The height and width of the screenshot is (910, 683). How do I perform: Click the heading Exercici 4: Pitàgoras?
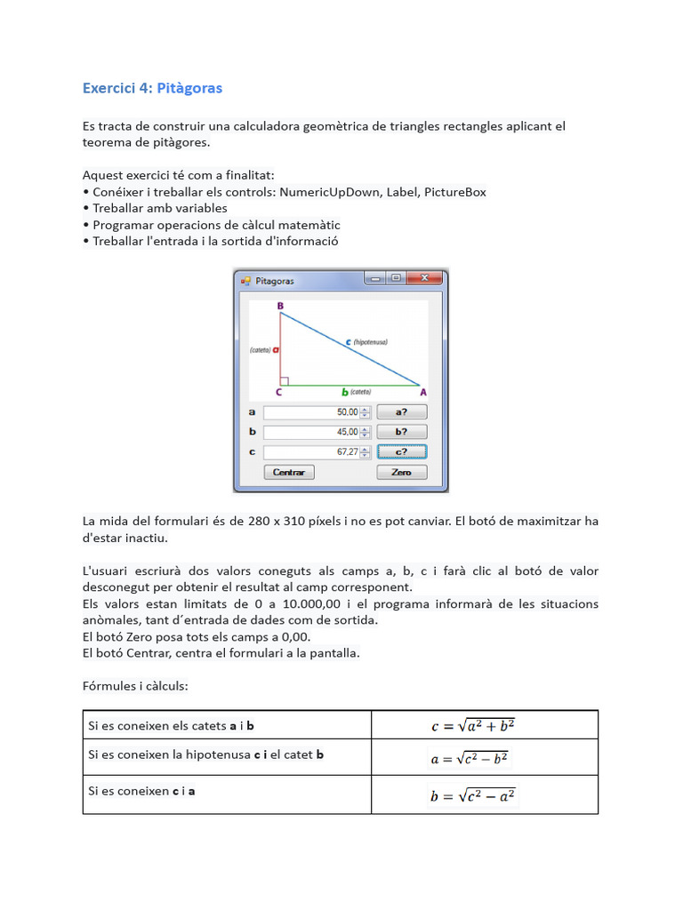[152, 88]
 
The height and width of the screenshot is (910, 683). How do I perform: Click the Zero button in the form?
[401, 473]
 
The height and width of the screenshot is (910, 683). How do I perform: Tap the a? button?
[401, 412]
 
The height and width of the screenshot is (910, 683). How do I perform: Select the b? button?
[401, 432]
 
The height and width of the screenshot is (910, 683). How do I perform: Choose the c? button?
[401, 451]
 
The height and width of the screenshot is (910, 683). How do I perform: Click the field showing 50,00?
[312, 412]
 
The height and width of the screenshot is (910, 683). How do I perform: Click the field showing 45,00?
[312, 432]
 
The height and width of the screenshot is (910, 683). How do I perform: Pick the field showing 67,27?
[312, 451]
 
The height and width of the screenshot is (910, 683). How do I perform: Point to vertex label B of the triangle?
[280, 307]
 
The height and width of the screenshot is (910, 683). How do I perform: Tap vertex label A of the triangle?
[422, 392]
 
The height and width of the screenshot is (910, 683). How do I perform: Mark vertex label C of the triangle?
[279, 392]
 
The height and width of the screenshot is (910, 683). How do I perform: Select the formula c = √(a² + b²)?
[473, 726]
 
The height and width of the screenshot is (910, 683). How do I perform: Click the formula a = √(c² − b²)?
[470, 760]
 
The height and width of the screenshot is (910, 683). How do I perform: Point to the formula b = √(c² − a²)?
[473, 796]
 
